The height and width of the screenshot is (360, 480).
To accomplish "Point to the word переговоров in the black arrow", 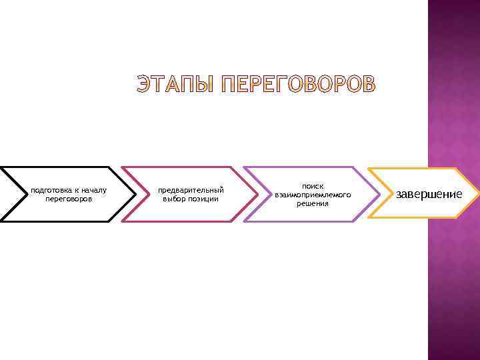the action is (69, 199).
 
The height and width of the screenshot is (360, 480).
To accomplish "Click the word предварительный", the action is (191, 191).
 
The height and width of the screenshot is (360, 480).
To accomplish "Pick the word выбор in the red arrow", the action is (175, 199).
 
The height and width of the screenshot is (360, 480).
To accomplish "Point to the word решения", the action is (313, 203).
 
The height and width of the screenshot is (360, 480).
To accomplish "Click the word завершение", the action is (429, 194).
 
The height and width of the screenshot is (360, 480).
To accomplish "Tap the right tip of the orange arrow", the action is (477, 194).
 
